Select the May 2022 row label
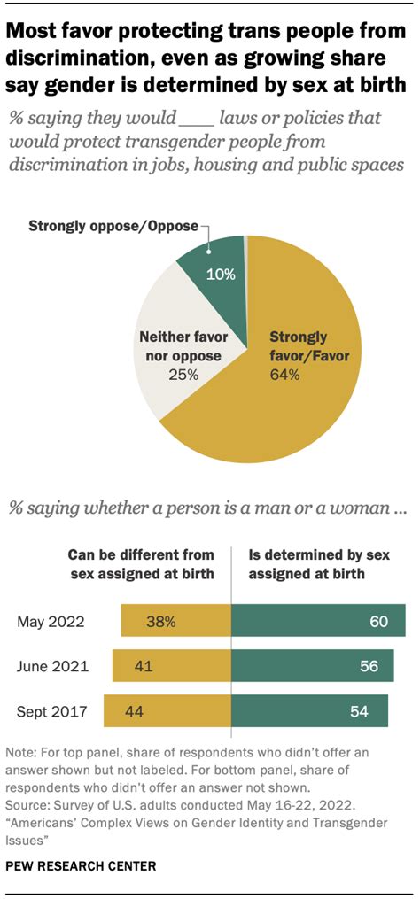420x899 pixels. tap(51, 621)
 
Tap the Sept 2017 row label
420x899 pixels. tap(51, 709)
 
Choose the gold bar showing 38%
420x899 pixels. tap(175, 621)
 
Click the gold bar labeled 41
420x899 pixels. tap(171, 665)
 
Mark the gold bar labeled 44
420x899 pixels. tap(167, 709)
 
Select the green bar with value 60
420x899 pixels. tap(318, 621)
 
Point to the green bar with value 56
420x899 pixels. tap(313, 665)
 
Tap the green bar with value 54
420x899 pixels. tap(309, 709)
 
